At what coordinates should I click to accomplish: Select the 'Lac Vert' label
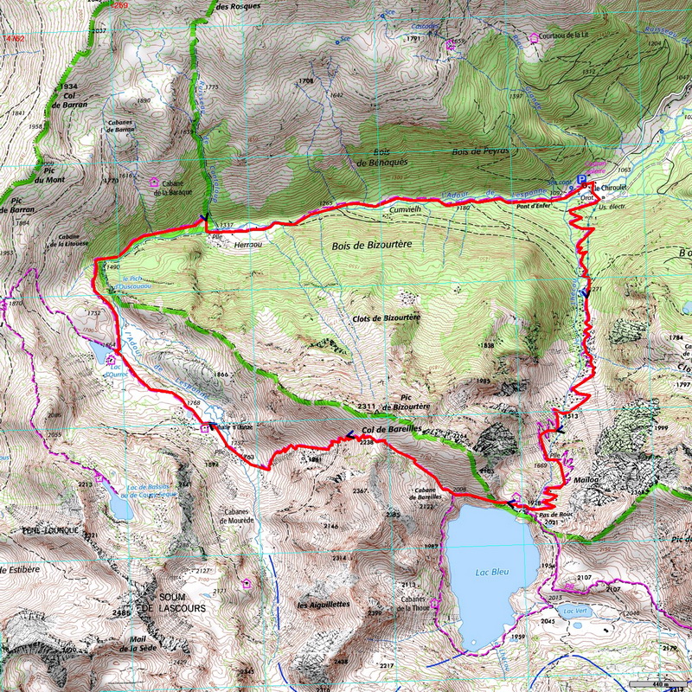coord(573,612)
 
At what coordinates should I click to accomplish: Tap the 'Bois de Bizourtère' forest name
coord(370,245)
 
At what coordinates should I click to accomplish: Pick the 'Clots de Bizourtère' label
coord(387,318)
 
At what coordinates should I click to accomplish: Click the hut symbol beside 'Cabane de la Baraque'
coord(155,183)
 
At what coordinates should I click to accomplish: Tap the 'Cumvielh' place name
coord(404,209)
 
